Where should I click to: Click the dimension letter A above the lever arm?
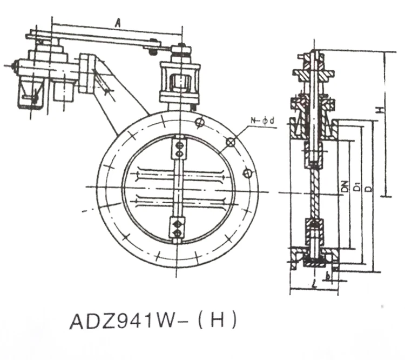click(118, 22)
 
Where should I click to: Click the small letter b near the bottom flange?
click(328, 276)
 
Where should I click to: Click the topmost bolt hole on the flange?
click(200, 123)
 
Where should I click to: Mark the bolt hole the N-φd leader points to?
click(231, 142)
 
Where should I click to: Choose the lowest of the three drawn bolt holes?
click(248, 173)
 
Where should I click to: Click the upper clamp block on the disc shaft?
click(177, 150)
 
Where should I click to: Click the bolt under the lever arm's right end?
click(152, 51)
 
